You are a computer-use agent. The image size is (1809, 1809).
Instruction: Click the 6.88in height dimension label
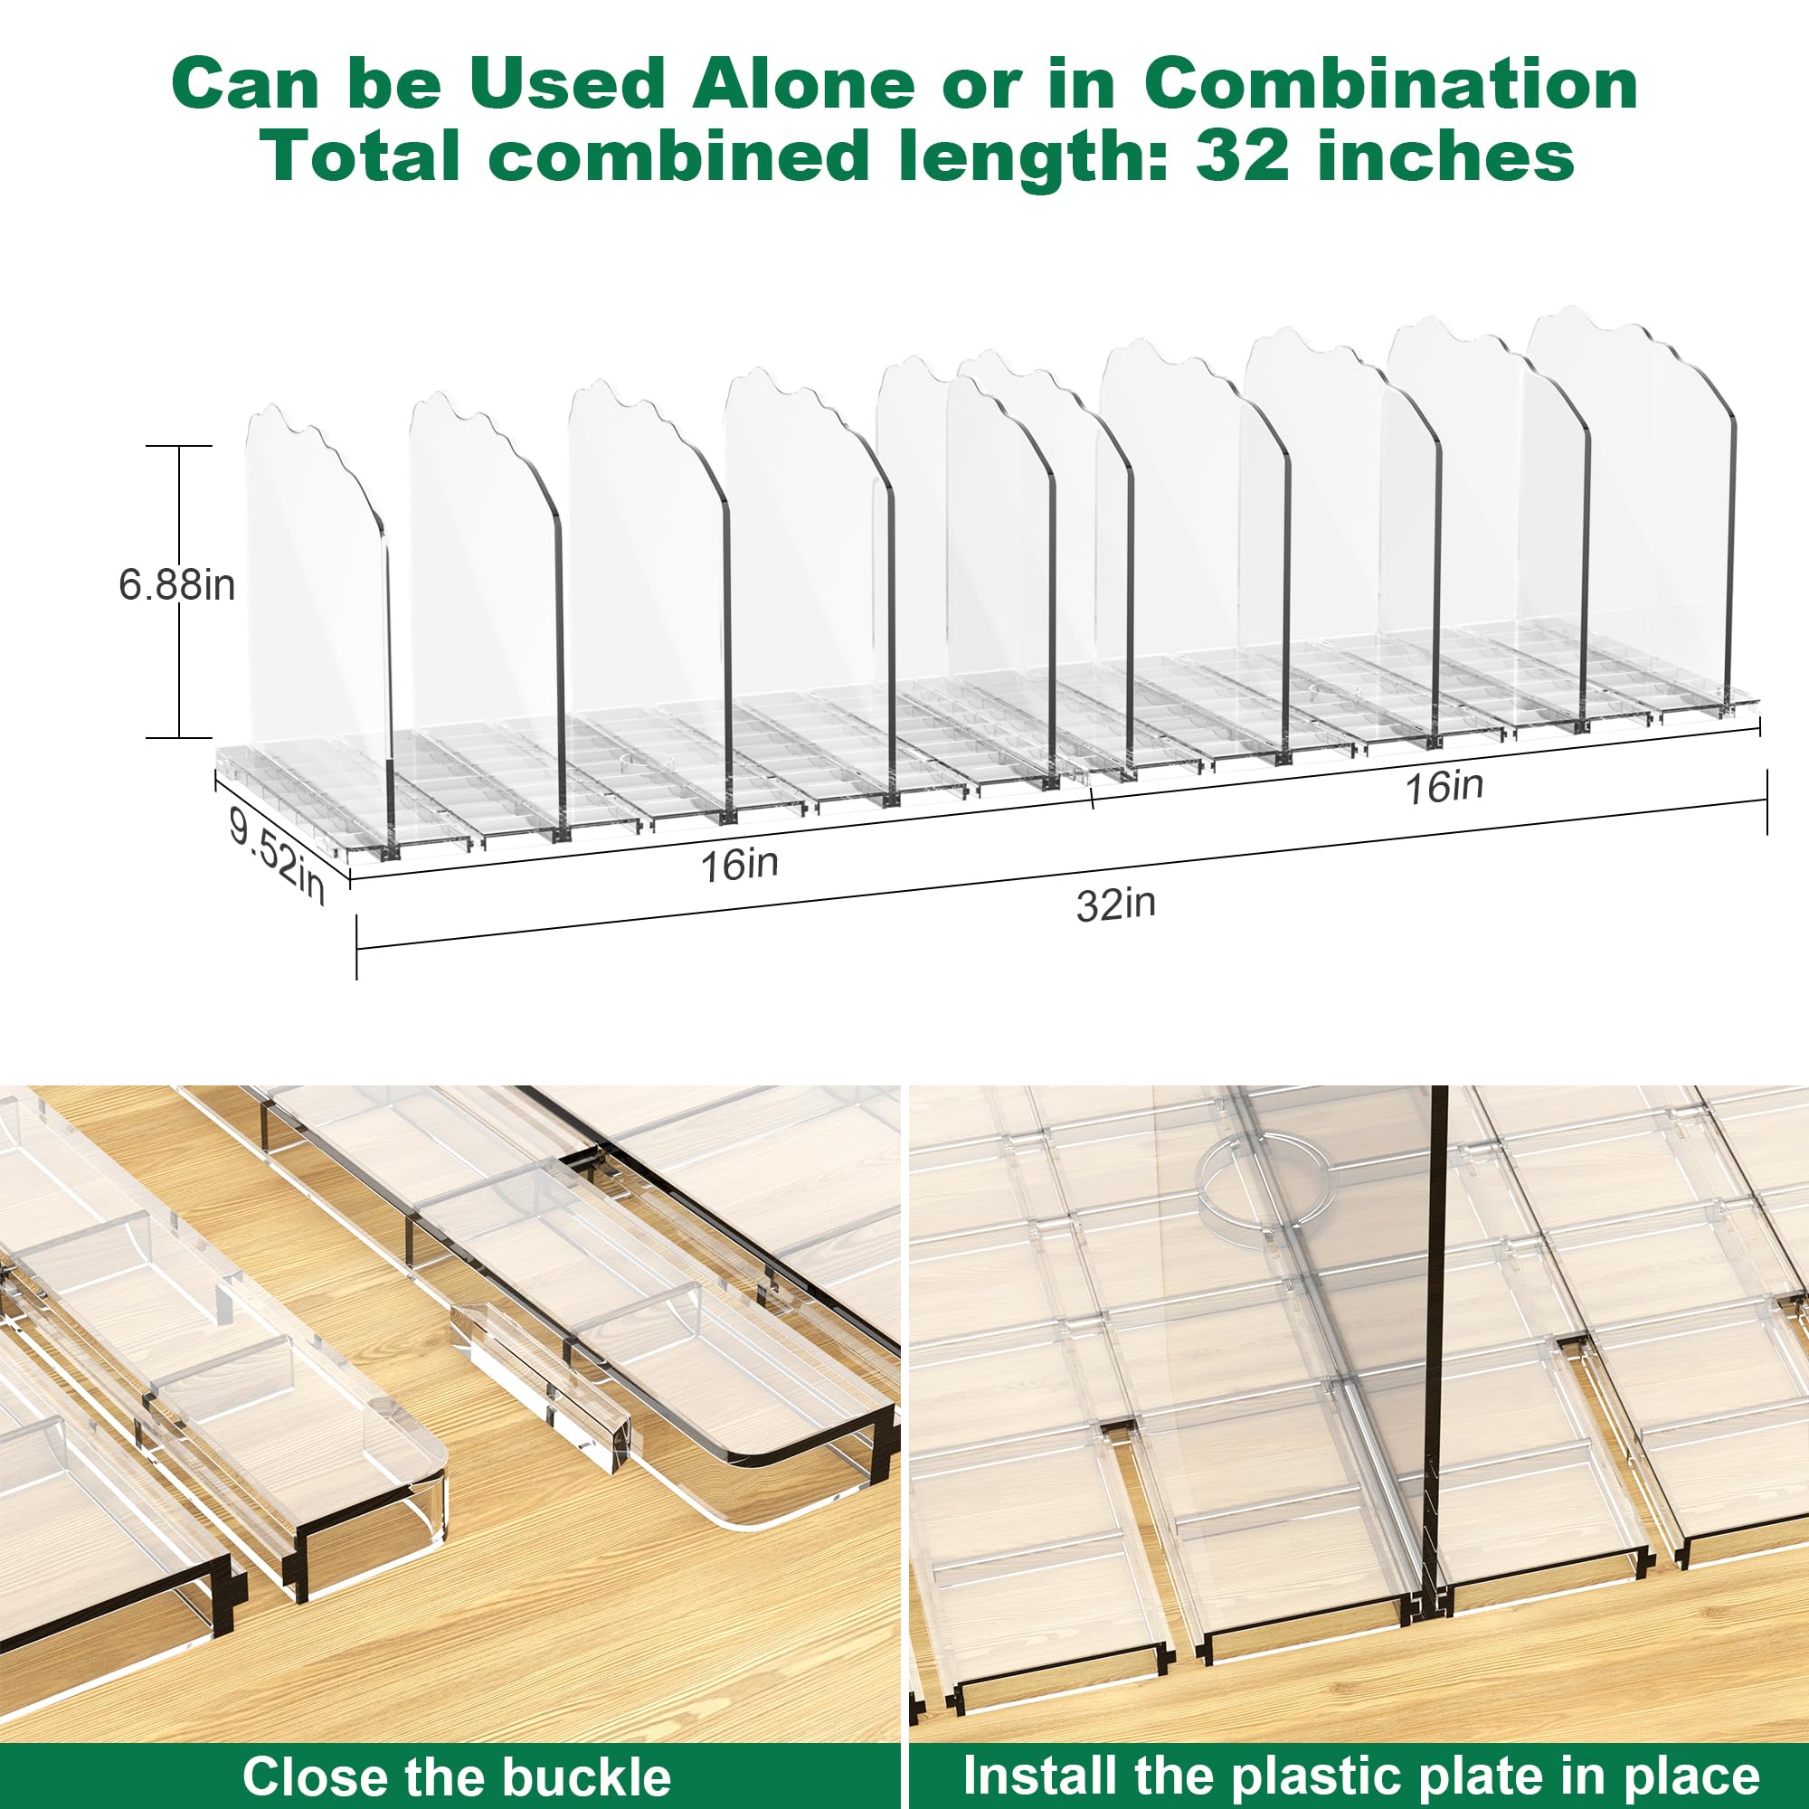coord(177,585)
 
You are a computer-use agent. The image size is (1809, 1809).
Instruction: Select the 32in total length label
coord(1116,904)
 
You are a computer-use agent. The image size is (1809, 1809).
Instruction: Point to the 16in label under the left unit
coord(740,864)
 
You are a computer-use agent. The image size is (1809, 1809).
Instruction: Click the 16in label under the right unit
coord(1444,787)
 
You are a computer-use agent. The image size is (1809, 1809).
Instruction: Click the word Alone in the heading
coord(802,84)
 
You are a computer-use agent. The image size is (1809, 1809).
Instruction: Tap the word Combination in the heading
coord(1390,84)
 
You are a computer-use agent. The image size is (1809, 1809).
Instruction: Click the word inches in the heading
coord(1445,156)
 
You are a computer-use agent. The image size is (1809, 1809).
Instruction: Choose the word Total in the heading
coord(360,156)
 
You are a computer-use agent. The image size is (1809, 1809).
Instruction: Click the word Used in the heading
coord(566,84)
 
